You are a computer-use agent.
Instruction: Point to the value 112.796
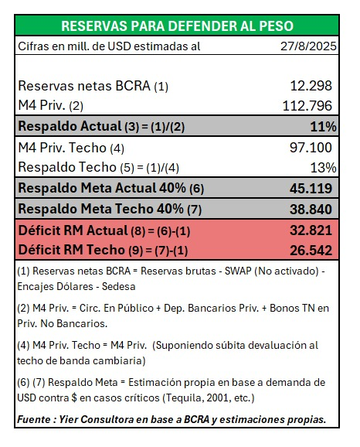point(309,104)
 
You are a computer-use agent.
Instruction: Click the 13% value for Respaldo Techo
point(324,166)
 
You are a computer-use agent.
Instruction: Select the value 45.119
point(312,187)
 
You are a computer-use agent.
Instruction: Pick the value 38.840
point(312,208)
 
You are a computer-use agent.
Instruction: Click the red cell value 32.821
point(312,230)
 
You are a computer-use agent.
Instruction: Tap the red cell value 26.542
point(312,250)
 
